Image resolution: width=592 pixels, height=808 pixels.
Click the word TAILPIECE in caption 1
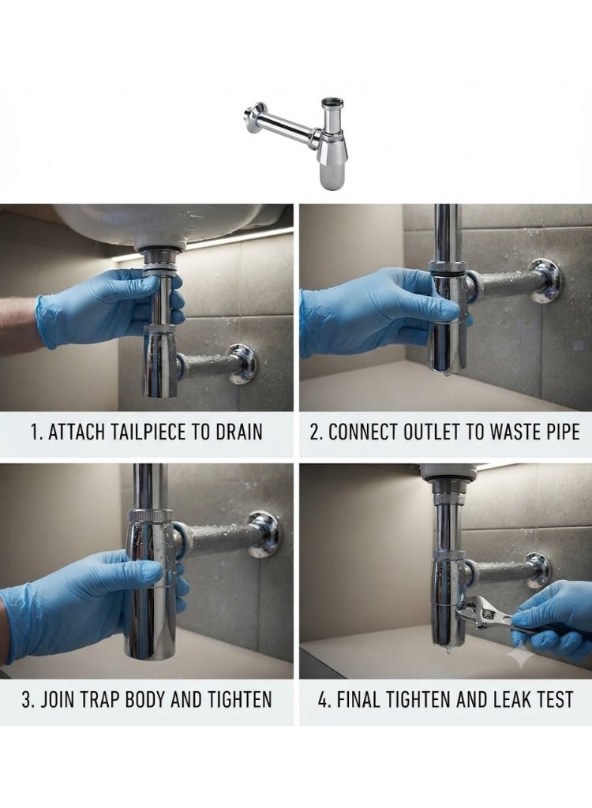117,432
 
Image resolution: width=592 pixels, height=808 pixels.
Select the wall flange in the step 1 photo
242,364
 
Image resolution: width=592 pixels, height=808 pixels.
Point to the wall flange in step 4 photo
538,571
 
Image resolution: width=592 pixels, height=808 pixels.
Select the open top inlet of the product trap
330,101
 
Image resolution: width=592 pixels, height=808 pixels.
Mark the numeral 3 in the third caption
26,700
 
